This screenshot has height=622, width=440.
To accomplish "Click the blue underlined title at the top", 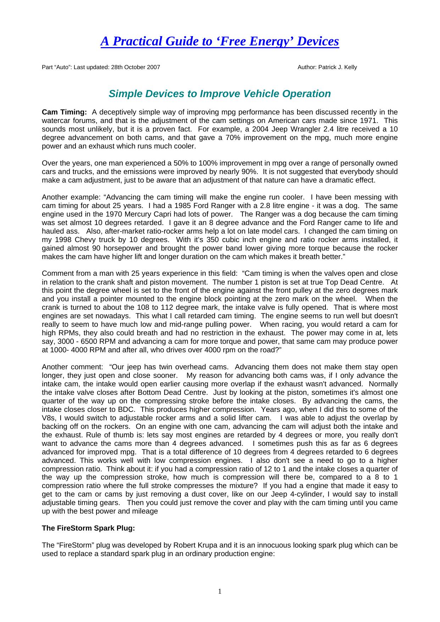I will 220,41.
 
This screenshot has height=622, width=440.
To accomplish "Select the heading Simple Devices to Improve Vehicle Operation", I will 219,94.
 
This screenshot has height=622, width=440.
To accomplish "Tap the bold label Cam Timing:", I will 64,112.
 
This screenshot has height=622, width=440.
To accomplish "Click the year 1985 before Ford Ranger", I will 180,206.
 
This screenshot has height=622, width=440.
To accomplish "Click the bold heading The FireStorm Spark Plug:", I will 88,528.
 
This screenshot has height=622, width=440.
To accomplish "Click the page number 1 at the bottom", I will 220,592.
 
